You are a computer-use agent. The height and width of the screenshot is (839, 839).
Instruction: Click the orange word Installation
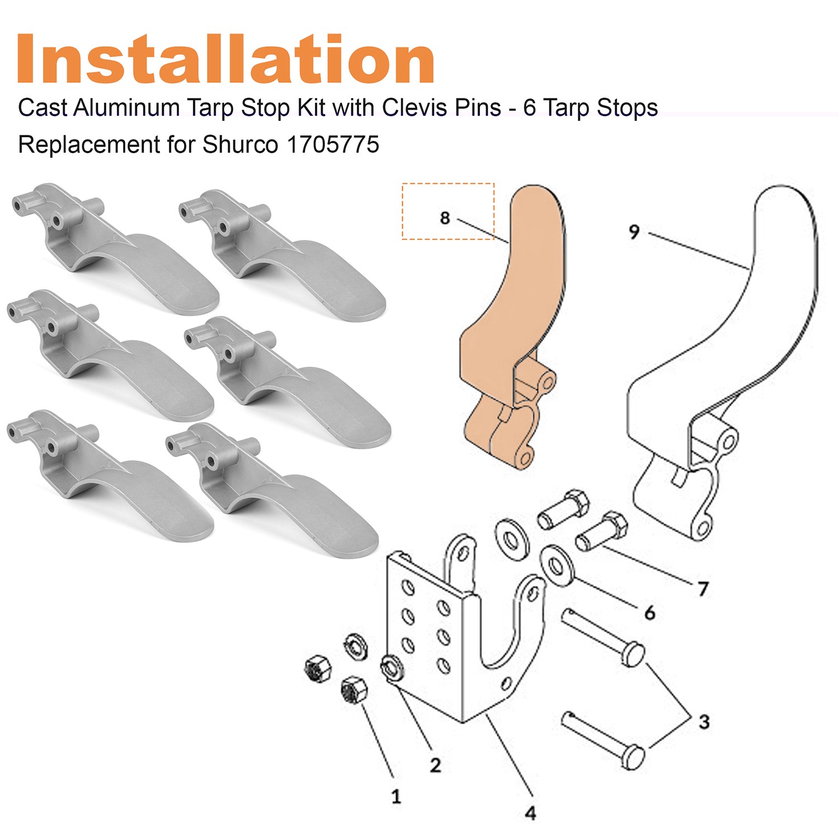pyautogui.click(x=225, y=59)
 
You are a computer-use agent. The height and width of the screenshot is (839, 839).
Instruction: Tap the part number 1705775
pyautogui.click(x=333, y=145)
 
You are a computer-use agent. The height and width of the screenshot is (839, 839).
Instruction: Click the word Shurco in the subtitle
pyautogui.click(x=240, y=145)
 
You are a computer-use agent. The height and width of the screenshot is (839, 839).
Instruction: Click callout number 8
pyautogui.click(x=445, y=218)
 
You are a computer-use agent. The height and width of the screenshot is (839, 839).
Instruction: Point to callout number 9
pyautogui.click(x=633, y=231)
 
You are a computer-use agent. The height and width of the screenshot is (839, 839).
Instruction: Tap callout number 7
pyautogui.click(x=703, y=588)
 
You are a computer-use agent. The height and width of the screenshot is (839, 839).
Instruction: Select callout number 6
pyautogui.click(x=649, y=613)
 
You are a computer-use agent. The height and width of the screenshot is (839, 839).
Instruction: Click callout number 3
pyautogui.click(x=704, y=722)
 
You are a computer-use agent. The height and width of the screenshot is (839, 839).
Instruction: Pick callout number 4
pyautogui.click(x=530, y=813)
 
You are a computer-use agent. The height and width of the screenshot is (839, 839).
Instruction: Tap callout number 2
pyautogui.click(x=435, y=765)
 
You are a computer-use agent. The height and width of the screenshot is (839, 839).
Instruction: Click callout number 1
pyautogui.click(x=396, y=796)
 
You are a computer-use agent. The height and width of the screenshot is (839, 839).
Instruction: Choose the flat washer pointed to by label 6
pyautogui.click(x=554, y=566)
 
